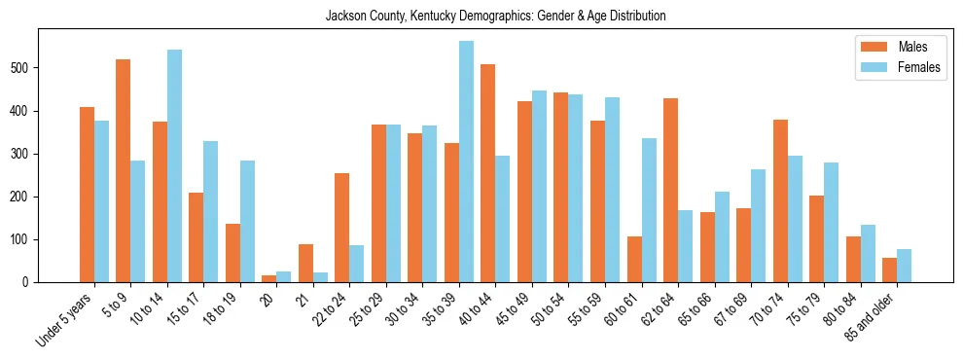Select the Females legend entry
[x=899, y=68]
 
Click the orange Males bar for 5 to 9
[x=124, y=170]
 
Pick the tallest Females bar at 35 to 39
[x=466, y=162]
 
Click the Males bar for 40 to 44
[x=488, y=173]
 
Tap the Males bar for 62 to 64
[x=670, y=190]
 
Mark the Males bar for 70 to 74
[x=780, y=200]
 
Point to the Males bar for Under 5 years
[x=87, y=195]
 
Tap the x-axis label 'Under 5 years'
[x=66, y=318]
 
